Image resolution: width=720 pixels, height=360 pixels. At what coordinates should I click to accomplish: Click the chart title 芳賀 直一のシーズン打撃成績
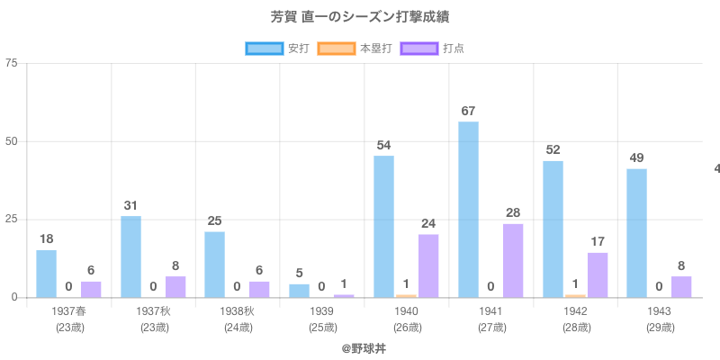point(359,17)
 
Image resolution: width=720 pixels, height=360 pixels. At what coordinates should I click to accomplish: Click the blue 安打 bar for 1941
point(468,210)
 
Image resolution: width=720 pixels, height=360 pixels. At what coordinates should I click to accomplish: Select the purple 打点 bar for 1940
point(428,265)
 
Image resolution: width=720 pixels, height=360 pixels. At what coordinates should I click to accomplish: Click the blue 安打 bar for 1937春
point(46,274)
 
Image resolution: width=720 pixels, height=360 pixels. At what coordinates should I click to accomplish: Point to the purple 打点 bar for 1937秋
point(175,286)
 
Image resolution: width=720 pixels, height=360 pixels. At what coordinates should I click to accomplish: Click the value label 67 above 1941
point(468,112)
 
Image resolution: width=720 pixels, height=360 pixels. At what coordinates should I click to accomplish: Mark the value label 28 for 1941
point(513,213)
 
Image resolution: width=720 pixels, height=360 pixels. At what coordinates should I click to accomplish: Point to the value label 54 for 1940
point(383,146)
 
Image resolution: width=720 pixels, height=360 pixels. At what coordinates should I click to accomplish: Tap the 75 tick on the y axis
point(12,63)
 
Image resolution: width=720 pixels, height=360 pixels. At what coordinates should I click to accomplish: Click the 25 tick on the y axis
point(12,220)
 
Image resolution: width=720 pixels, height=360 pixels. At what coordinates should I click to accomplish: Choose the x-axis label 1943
point(660,311)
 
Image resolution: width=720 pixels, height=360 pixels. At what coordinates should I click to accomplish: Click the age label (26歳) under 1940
point(407,328)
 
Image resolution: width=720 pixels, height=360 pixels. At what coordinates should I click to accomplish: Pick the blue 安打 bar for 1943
point(636,233)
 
